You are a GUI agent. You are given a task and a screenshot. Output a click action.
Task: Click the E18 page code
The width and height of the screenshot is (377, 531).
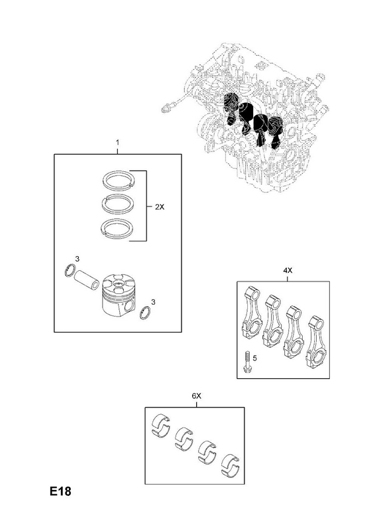tap(60, 491)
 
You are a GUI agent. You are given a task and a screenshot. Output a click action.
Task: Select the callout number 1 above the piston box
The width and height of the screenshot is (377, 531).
tap(117, 141)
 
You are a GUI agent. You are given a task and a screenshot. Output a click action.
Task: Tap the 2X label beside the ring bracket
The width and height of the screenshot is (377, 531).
tap(160, 207)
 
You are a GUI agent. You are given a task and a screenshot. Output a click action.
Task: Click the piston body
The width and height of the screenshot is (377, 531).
tap(119, 294)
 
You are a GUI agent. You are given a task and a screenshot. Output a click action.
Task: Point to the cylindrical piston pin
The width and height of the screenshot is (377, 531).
tap(86, 279)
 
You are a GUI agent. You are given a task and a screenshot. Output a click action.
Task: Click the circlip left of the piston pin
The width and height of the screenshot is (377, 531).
tap(70, 271)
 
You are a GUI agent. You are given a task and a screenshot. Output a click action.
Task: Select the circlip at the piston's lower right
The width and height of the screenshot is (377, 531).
tap(146, 313)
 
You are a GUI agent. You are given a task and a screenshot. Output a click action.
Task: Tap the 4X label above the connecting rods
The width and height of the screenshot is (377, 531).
tap(288, 271)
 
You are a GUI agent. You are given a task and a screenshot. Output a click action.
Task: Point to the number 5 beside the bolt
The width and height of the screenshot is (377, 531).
tap(254, 358)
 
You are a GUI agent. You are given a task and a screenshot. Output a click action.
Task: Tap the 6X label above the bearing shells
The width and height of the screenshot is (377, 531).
tap(196, 396)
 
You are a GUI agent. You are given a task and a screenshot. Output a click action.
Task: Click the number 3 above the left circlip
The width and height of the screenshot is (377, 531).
tap(77, 259)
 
